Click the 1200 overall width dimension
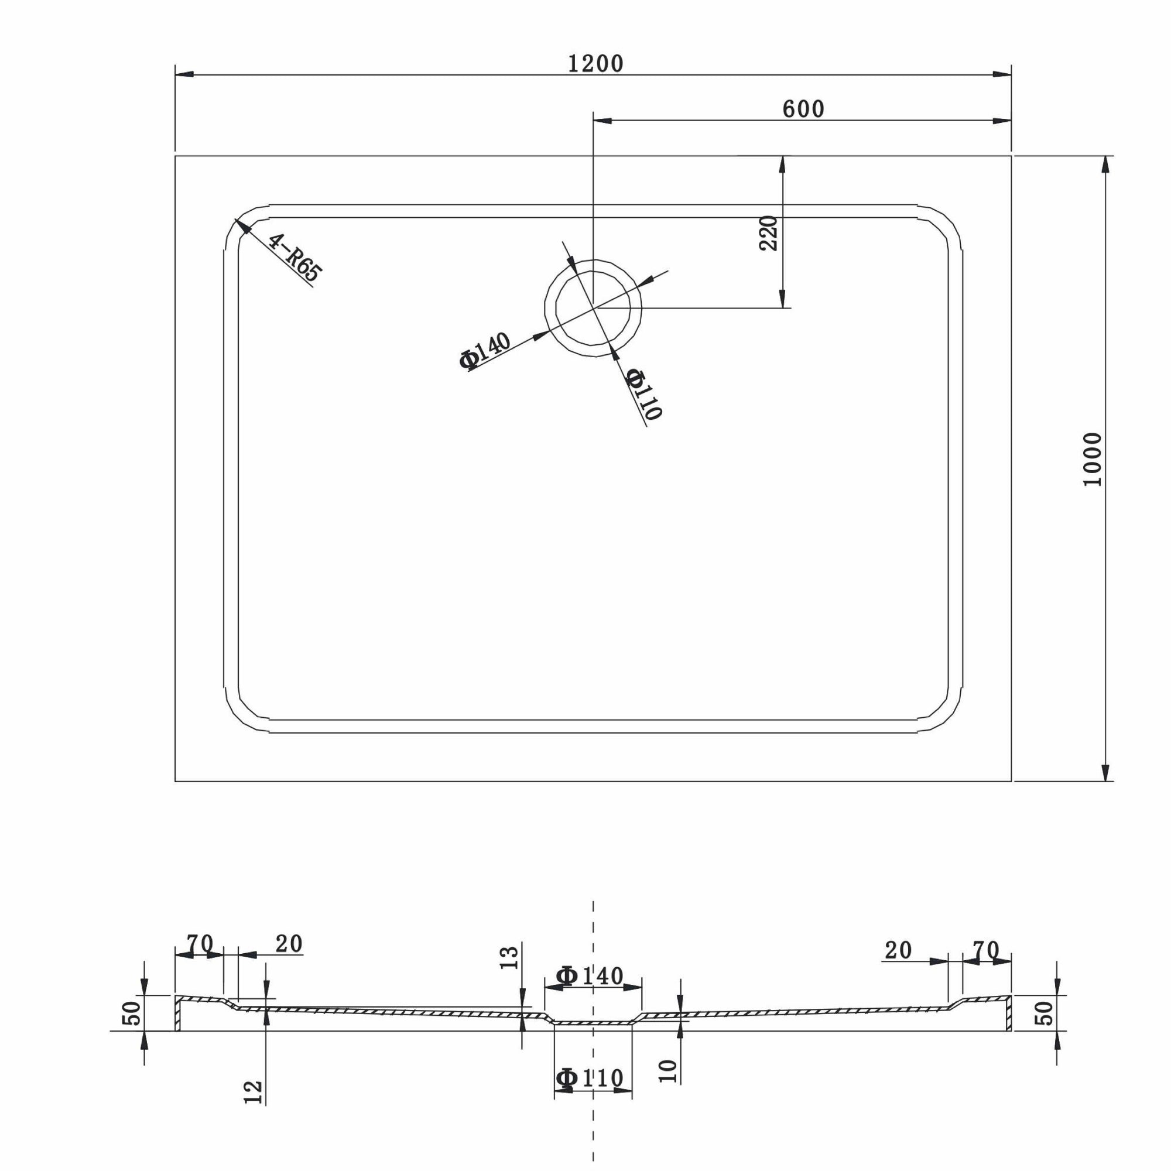point(595,64)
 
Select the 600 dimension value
point(803,109)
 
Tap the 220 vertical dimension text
point(768,233)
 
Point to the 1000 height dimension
point(1092,459)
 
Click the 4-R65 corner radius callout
point(295,258)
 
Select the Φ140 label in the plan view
point(484,351)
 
